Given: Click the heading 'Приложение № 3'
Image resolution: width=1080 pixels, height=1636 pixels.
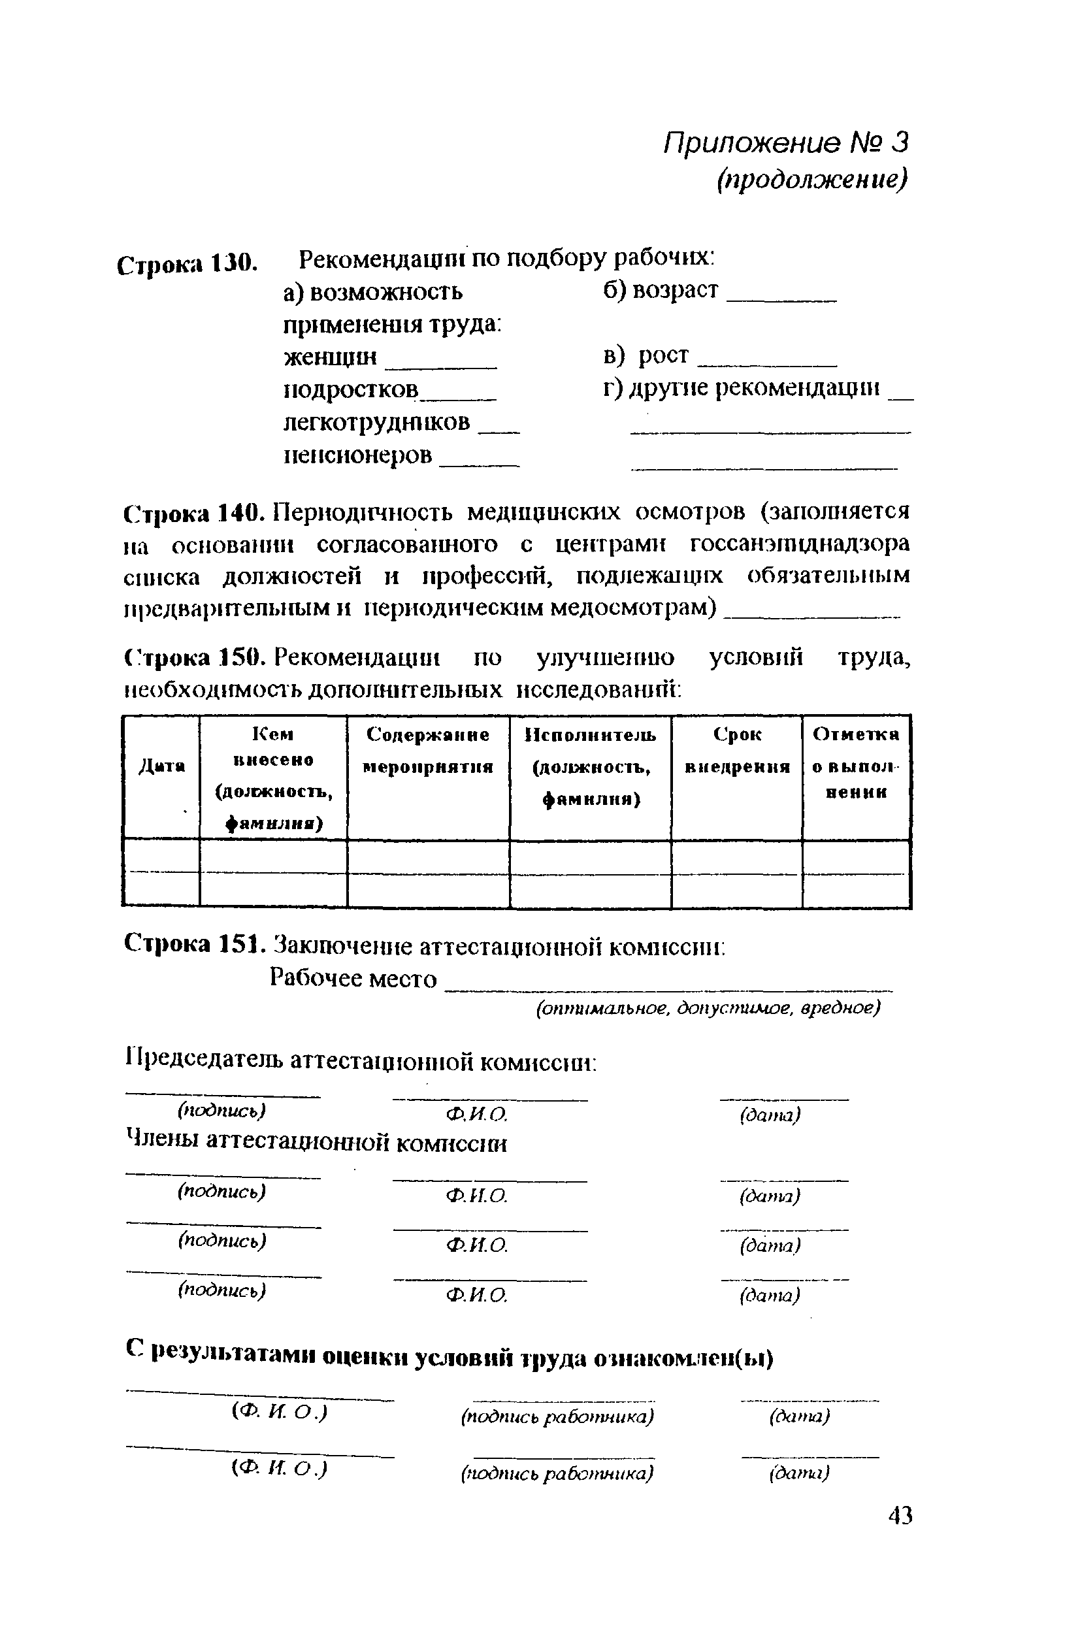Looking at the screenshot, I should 786,143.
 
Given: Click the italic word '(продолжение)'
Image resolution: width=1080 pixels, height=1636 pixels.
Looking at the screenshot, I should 812,180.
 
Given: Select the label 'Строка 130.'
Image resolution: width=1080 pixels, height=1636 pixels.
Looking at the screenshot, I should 187,265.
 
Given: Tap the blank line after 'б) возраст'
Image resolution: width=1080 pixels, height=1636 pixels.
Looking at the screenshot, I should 782,297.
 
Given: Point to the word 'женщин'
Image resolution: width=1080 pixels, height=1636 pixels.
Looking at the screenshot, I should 331,356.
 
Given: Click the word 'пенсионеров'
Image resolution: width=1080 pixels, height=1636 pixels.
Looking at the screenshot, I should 358,455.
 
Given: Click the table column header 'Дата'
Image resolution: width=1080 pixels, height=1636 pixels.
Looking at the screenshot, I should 163,765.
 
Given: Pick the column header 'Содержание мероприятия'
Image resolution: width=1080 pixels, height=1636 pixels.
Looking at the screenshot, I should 428,750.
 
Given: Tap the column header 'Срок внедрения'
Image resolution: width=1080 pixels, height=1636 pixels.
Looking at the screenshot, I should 736,750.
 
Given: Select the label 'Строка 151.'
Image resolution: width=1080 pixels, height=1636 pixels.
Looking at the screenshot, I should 193,943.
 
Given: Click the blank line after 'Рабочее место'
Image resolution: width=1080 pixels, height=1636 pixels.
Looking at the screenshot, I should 668,987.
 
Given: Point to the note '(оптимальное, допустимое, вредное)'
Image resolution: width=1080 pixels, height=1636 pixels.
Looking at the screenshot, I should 708,1009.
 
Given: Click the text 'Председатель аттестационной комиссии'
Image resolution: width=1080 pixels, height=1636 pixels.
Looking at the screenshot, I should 361,1062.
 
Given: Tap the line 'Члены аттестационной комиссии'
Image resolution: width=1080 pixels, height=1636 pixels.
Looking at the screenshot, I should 317,1143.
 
